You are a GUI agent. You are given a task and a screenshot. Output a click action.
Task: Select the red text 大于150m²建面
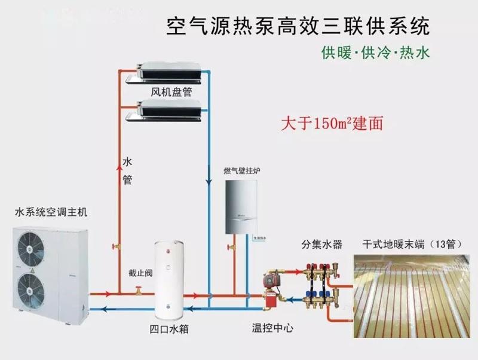coord(332,124)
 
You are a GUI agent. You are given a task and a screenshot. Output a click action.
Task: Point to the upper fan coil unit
coord(168,71)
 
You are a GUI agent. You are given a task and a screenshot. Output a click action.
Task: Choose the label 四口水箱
coord(171,328)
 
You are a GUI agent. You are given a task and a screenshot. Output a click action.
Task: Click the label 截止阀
coord(139,272)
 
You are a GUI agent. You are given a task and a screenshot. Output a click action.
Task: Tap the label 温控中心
coord(272,328)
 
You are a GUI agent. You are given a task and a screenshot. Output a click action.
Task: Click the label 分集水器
coord(321,245)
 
